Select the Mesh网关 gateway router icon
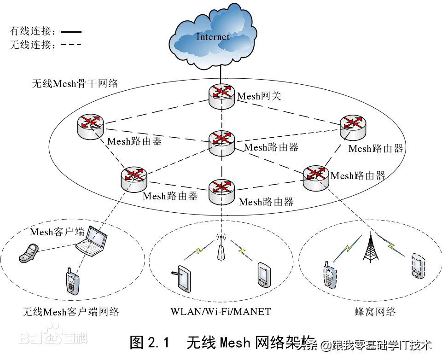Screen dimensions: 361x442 [221, 96]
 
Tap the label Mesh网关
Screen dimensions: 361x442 [259, 96]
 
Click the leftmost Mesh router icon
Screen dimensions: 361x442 [91, 125]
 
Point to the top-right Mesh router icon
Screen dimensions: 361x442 [353, 126]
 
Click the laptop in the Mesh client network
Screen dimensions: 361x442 [92, 242]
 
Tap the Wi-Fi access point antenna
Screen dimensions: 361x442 [221, 249]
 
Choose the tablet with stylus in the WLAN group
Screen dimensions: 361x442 [183, 278]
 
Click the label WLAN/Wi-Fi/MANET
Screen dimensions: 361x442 [221, 312]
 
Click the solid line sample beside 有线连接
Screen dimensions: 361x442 [71, 32]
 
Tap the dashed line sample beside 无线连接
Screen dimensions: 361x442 [71, 45]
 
